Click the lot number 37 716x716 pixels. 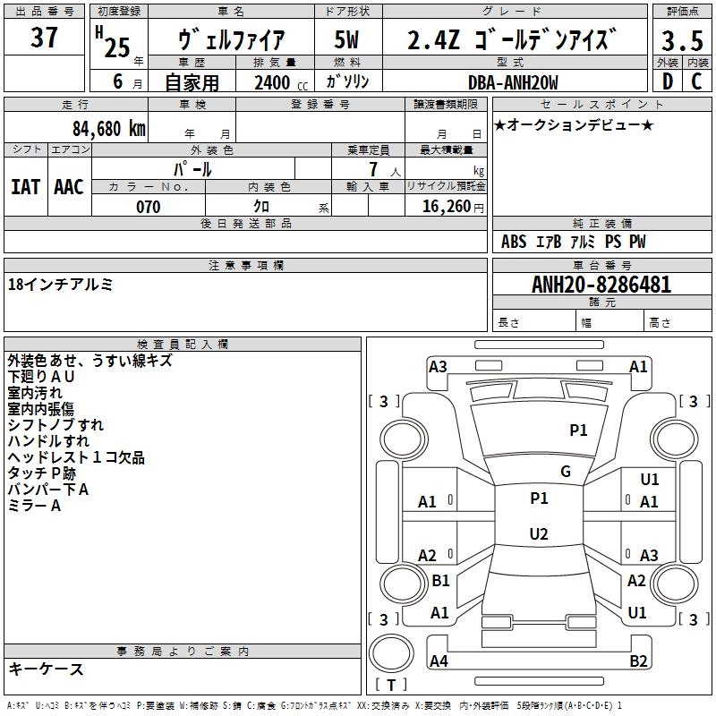45,38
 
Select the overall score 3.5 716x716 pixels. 681,41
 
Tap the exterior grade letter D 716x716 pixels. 667,81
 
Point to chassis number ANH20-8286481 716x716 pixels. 601,285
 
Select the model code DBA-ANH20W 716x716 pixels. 514,82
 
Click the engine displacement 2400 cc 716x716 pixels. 273,82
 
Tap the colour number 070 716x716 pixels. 148,207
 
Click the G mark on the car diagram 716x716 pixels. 566,472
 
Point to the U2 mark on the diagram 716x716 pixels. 538,534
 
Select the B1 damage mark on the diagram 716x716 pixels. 440,581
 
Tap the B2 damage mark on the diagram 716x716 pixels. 638,661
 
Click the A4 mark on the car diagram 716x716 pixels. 439,661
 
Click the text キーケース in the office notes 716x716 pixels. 47,669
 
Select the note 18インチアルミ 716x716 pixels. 60,284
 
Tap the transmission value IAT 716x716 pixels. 26,186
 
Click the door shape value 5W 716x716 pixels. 347,41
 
